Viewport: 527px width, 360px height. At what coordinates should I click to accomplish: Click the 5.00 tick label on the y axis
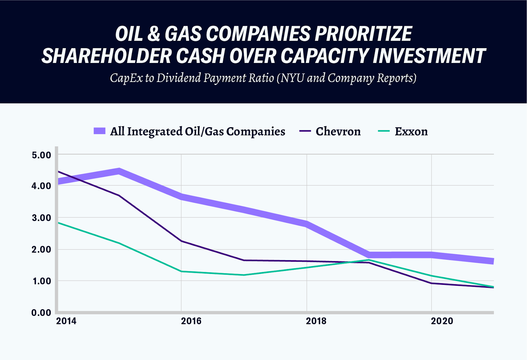click(x=41, y=155)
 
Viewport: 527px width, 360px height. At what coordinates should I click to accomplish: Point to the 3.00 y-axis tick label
click(x=41, y=218)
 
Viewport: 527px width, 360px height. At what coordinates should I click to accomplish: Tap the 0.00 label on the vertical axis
click(x=41, y=313)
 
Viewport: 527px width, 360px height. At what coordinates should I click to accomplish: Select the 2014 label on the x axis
click(x=66, y=321)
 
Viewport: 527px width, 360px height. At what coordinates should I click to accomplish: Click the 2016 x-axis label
click(x=191, y=321)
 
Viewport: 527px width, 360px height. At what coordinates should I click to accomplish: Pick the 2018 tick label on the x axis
click(x=316, y=321)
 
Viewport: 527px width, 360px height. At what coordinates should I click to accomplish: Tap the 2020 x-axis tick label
click(x=442, y=321)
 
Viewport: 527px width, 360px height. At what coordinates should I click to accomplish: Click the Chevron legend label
click(x=338, y=132)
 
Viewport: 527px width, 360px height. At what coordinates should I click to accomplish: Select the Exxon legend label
click(x=411, y=132)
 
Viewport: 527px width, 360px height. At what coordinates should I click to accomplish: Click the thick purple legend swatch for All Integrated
click(x=99, y=131)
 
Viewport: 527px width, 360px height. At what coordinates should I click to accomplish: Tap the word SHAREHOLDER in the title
click(x=106, y=56)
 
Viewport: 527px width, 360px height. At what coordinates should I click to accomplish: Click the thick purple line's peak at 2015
click(x=119, y=171)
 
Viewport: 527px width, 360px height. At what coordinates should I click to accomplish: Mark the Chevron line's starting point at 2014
click(x=59, y=171)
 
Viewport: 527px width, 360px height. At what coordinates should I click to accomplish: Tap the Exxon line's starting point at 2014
click(x=59, y=223)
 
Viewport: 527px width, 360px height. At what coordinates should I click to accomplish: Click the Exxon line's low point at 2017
click(x=244, y=275)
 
